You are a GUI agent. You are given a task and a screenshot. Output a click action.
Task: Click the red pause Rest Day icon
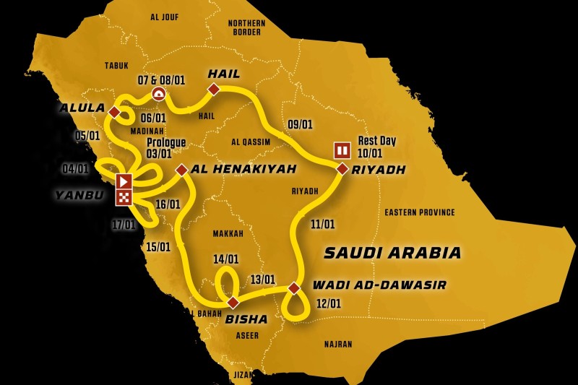342,150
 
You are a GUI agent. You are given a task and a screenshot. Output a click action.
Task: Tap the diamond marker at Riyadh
342,168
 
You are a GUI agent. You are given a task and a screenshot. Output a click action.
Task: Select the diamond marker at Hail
214,89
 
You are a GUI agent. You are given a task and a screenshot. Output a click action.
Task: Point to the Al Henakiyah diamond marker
181,170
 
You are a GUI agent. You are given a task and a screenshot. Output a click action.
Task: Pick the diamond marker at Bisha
233,302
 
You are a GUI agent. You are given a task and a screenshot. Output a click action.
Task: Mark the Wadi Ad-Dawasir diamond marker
294,287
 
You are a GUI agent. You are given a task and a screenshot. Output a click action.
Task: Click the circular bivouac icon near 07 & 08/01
159,94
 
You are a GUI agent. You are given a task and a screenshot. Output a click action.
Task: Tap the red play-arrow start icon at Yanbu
124,181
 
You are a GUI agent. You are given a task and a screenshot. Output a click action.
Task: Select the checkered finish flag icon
124,196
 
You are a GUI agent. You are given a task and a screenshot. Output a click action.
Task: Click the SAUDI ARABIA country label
392,253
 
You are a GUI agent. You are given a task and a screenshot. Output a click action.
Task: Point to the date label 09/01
299,124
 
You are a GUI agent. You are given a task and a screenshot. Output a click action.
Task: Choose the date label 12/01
327,303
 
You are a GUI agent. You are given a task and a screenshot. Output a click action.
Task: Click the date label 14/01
225,259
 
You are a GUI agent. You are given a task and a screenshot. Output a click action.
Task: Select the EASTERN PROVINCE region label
420,212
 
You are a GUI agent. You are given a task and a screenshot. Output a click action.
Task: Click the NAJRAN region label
337,345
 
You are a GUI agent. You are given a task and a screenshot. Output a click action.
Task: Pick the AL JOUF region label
164,17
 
